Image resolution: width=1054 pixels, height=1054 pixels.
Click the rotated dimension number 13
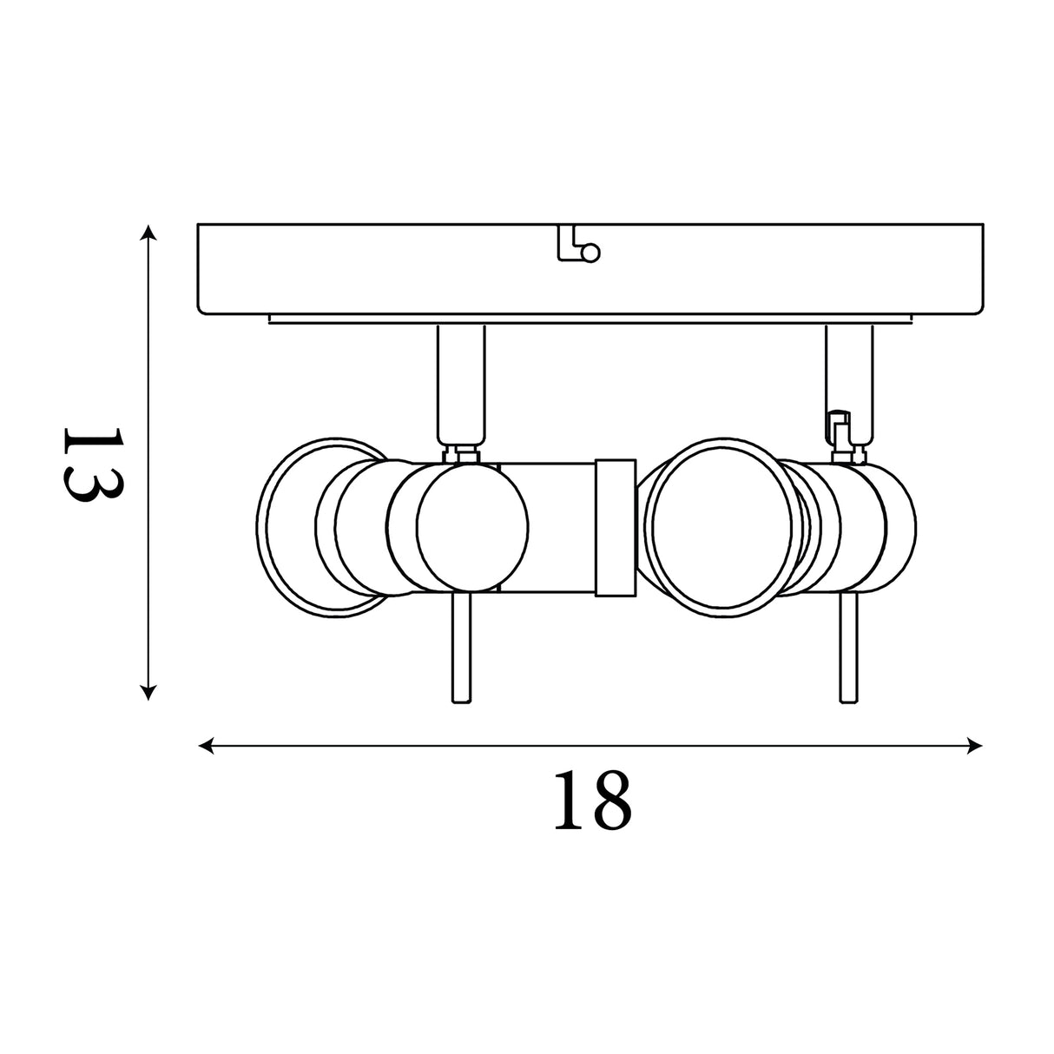coord(93,464)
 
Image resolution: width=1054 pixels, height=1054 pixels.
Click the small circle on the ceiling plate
coord(591,254)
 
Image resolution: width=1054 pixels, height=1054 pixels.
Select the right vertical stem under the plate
coord(849,386)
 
